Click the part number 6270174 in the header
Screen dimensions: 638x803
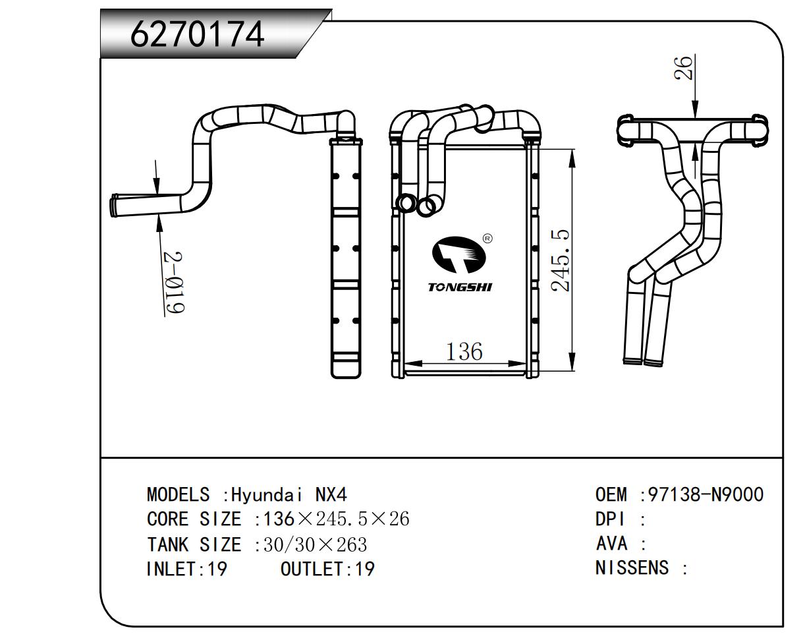pyautogui.click(x=198, y=34)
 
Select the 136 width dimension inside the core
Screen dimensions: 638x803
pyautogui.click(x=464, y=351)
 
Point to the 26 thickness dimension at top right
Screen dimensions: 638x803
pyautogui.click(x=685, y=68)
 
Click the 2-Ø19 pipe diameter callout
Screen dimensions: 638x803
pyautogui.click(x=175, y=282)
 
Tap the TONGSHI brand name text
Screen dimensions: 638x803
pyautogui.click(x=460, y=287)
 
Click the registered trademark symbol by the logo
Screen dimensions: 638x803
pyautogui.click(x=487, y=239)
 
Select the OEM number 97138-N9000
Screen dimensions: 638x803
pyautogui.click(x=706, y=494)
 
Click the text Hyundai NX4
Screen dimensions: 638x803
pyautogui.click(x=289, y=495)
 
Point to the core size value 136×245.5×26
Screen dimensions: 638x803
pyautogui.click(x=336, y=519)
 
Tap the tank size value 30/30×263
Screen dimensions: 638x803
pyautogui.click(x=315, y=544)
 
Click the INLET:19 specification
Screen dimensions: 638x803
pyautogui.click(x=186, y=568)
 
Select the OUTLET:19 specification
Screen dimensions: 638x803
pyautogui.click(x=327, y=568)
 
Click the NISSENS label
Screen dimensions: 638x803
pyautogui.click(x=632, y=567)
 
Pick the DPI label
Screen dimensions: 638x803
pyautogui.click(x=609, y=519)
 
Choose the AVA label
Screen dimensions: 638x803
pyautogui.click(x=611, y=544)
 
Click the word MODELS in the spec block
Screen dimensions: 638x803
pyautogui.click(x=178, y=495)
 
